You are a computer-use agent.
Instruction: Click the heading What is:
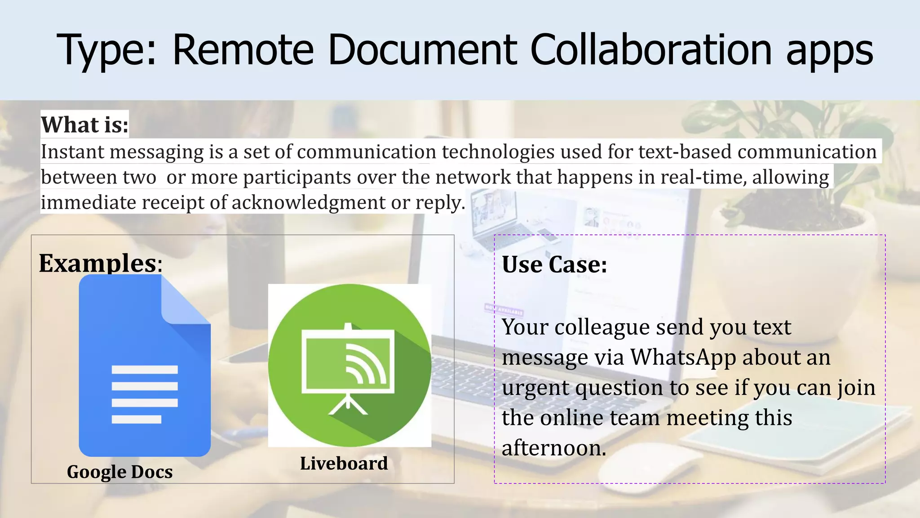pos(85,125)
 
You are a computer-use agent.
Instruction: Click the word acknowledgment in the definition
pos(308,202)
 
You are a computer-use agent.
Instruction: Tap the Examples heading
pos(98,263)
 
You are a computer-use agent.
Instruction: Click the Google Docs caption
pos(119,472)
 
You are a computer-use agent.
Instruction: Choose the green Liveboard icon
pos(349,365)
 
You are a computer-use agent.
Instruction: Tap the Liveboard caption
pos(344,463)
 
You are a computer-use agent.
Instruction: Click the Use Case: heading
pos(554,264)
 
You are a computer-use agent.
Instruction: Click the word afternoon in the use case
pos(553,448)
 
